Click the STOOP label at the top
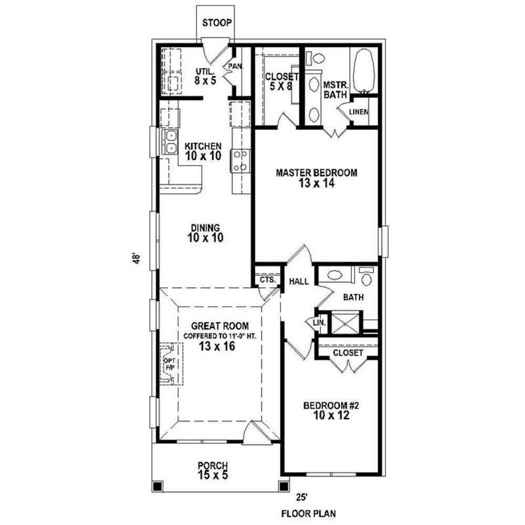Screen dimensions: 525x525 click(217, 23)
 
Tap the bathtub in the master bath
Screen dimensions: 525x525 click(364, 71)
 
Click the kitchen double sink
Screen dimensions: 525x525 click(170, 142)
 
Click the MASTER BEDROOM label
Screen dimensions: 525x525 click(317, 173)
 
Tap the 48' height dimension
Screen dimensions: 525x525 click(135, 259)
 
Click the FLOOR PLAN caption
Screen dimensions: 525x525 click(308, 513)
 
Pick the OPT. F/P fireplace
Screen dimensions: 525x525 click(171, 364)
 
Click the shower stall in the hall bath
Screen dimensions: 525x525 click(346, 323)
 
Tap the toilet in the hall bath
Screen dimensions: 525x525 click(366, 277)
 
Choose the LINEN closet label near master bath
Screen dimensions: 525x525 click(359, 112)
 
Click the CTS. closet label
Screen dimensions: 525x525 click(268, 280)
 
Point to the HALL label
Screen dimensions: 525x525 click(299, 281)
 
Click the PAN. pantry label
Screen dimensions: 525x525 click(235, 66)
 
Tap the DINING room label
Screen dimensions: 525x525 click(205, 228)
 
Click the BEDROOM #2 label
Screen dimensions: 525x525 click(331, 406)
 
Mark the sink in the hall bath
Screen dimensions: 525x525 click(335, 275)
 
